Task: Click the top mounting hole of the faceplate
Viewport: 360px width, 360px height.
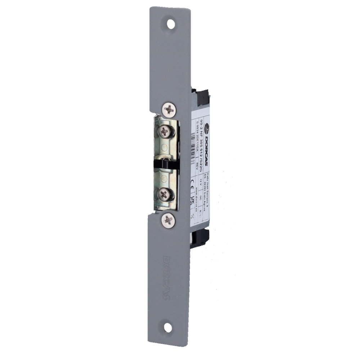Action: pyautogui.click(x=171, y=24)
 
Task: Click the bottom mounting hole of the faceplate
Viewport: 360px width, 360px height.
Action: pyautogui.click(x=168, y=327)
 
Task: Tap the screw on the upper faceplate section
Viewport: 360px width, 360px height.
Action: pyautogui.click(x=169, y=109)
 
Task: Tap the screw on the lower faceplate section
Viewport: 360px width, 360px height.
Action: pyautogui.click(x=168, y=220)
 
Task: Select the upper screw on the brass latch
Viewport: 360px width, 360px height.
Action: pyautogui.click(x=165, y=132)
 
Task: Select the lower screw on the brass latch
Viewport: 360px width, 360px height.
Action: pyautogui.click(x=164, y=195)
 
